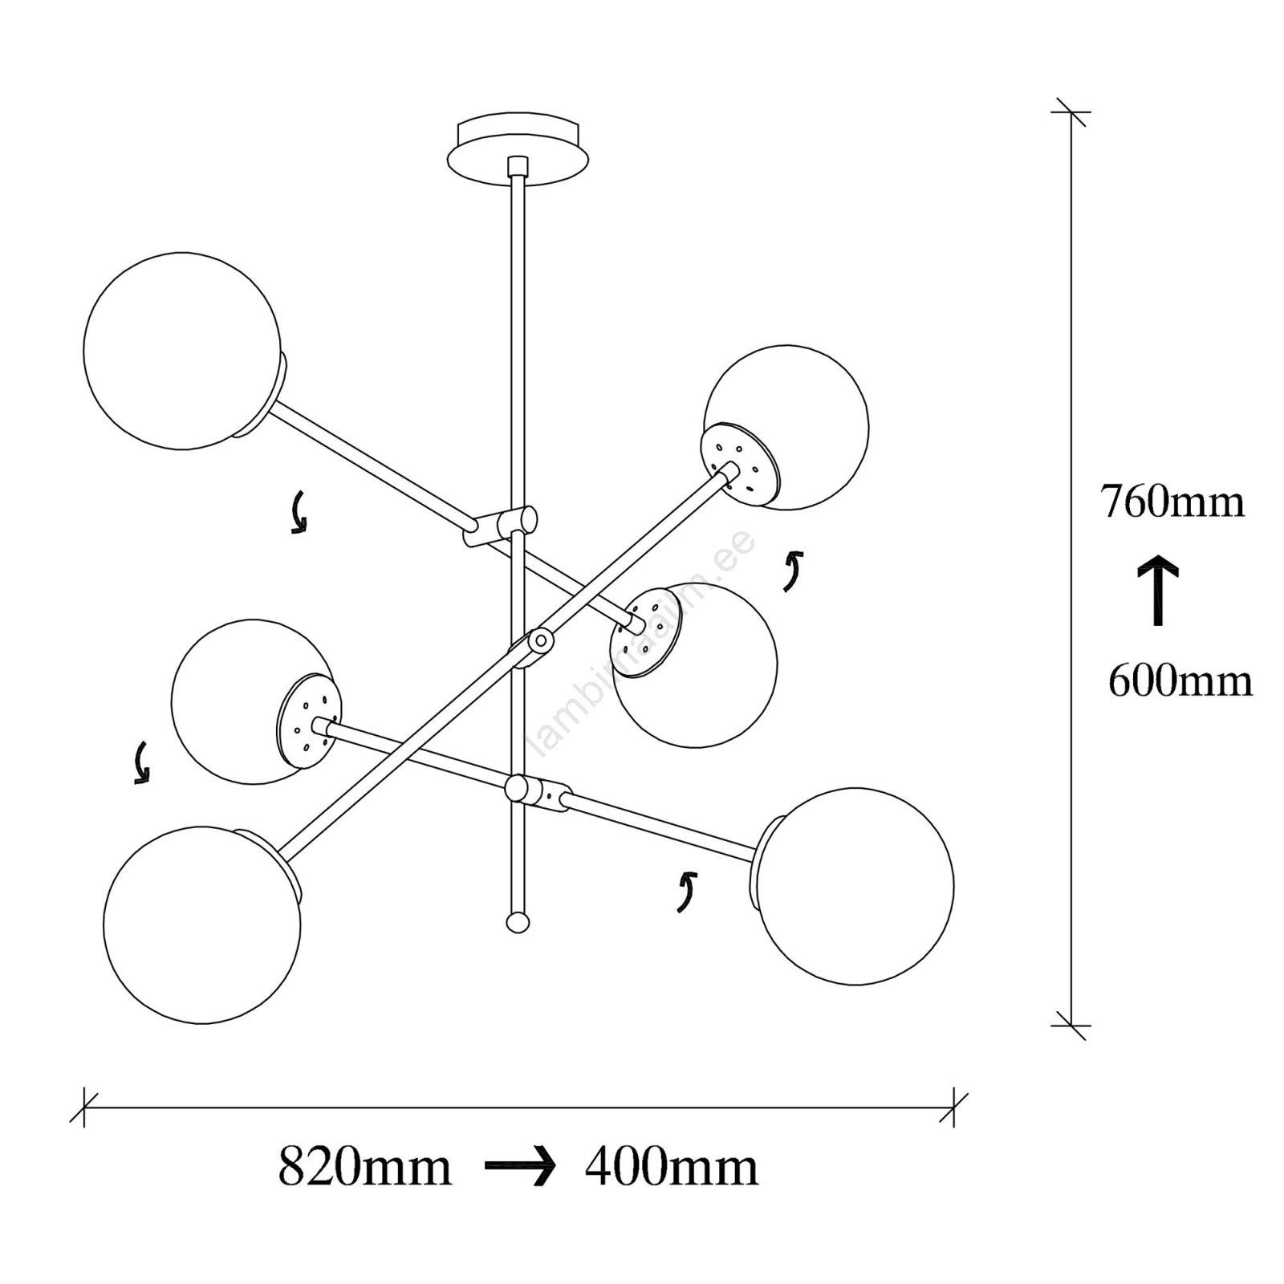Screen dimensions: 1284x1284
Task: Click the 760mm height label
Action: (1172, 502)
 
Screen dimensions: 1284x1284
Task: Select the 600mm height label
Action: (1180, 681)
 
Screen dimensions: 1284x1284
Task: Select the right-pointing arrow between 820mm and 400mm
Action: (520, 1167)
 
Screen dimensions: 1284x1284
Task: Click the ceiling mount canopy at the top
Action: (518, 149)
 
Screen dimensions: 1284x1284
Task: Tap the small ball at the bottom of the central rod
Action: (518, 922)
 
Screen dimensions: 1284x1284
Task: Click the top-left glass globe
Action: (182, 351)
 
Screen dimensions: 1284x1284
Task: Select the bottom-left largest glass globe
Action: (202, 924)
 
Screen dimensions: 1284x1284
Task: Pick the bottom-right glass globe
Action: (855, 886)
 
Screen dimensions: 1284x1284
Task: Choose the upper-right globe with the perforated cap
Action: (786, 427)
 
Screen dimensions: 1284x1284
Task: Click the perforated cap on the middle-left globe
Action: (309, 721)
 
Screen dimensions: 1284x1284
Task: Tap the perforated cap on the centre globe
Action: (645, 632)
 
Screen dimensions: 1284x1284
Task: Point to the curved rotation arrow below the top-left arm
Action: (299, 512)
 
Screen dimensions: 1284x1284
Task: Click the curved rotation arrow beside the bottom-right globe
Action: (686, 892)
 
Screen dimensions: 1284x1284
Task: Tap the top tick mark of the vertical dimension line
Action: (1071, 112)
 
